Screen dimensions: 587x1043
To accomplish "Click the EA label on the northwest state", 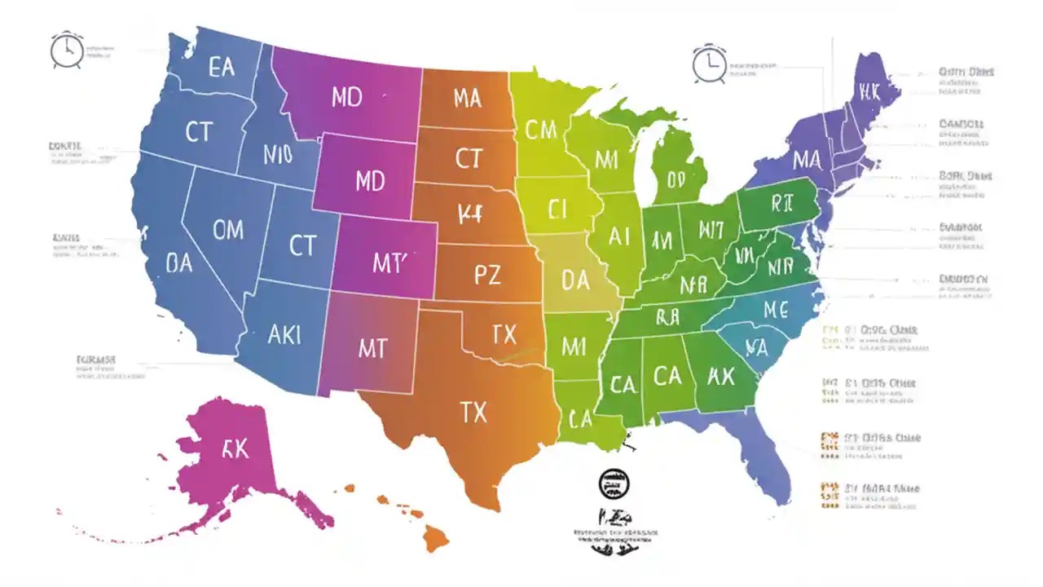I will point(221,67).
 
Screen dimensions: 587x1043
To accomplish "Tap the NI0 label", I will point(278,154).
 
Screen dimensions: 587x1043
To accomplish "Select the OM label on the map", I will point(227,230).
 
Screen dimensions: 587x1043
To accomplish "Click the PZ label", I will point(486,276).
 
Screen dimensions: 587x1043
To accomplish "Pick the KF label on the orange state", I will point(470,214).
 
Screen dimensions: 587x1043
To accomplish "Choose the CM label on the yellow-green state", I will point(540,130).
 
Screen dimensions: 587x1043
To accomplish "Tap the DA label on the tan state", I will point(574,280).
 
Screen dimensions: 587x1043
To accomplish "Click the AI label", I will point(619,237).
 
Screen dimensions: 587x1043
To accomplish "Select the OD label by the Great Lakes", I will point(676,180).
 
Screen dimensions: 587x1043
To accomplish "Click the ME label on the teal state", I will point(775,309).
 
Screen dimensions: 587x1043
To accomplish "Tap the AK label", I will point(720,376).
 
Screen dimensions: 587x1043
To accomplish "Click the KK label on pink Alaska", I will point(235,449).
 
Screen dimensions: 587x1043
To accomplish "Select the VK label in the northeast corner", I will point(869,92).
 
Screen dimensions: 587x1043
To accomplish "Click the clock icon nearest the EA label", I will point(66,51).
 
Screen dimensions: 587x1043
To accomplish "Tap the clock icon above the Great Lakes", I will point(709,64).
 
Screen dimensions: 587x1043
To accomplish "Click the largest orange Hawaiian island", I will point(437,539).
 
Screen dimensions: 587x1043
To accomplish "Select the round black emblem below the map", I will point(611,483).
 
